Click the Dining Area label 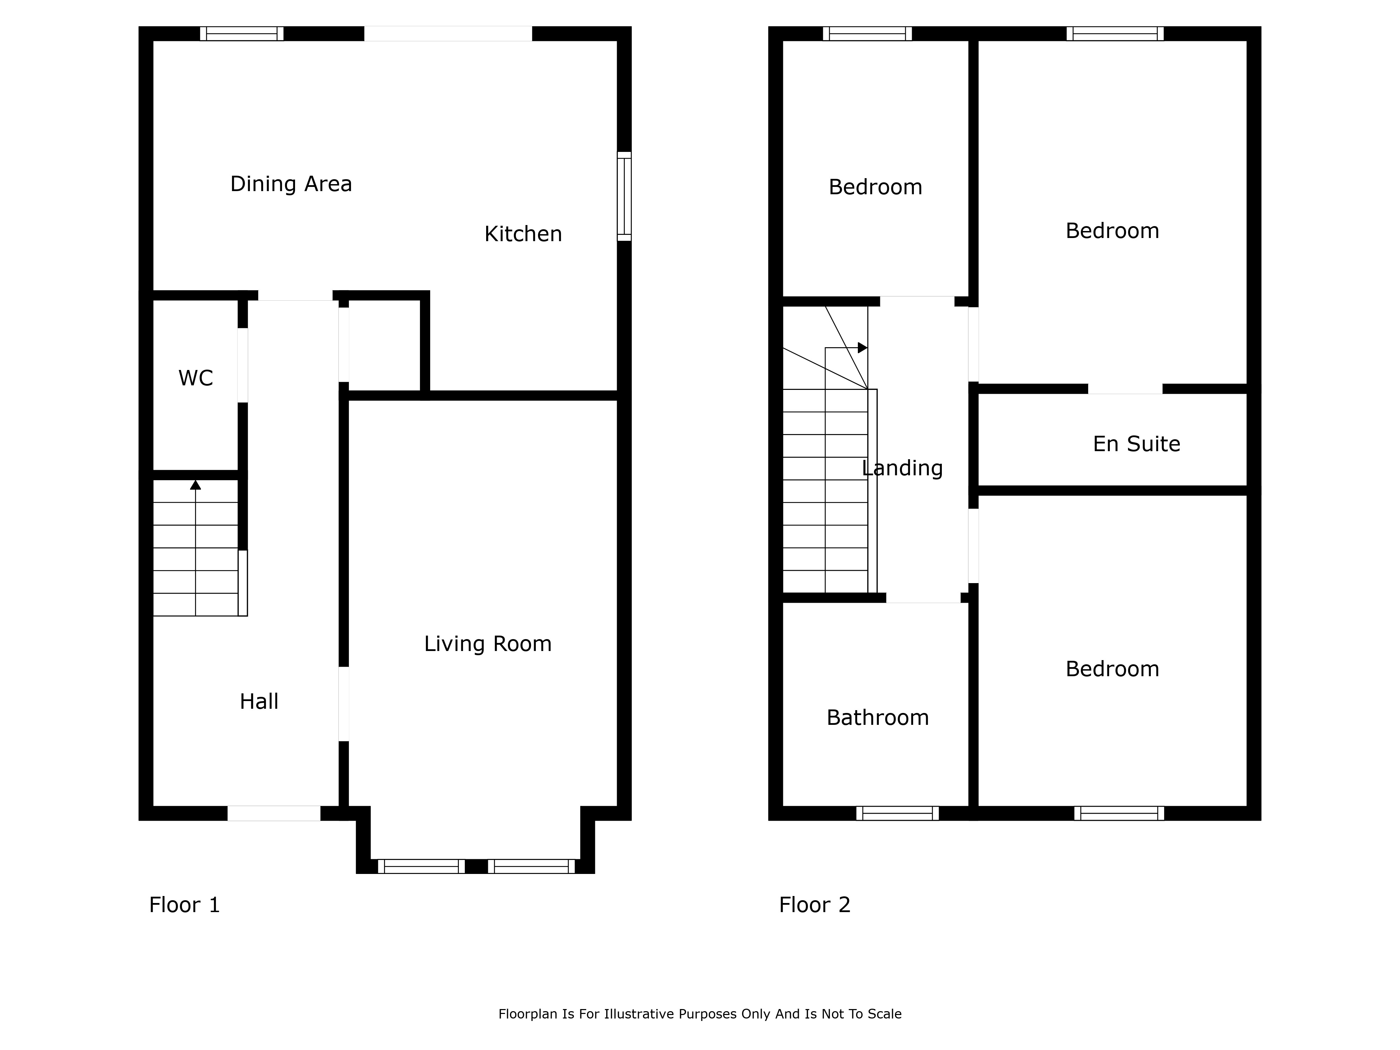tap(291, 184)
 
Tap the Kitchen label tap(523, 234)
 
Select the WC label tap(196, 378)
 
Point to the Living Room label tap(488, 644)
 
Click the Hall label tap(259, 701)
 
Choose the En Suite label tap(1137, 444)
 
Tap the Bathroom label tap(878, 718)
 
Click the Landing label tap(903, 468)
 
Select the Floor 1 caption tap(184, 905)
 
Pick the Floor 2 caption tap(814, 905)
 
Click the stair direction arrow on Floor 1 tap(196, 548)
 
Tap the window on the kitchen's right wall tap(624, 196)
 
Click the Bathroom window tap(897, 813)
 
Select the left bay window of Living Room tap(421, 867)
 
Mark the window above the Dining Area tap(242, 34)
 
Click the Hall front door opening tap(274, 813)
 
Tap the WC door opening tap(243, 365)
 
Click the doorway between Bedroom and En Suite tap(1125, 389)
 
